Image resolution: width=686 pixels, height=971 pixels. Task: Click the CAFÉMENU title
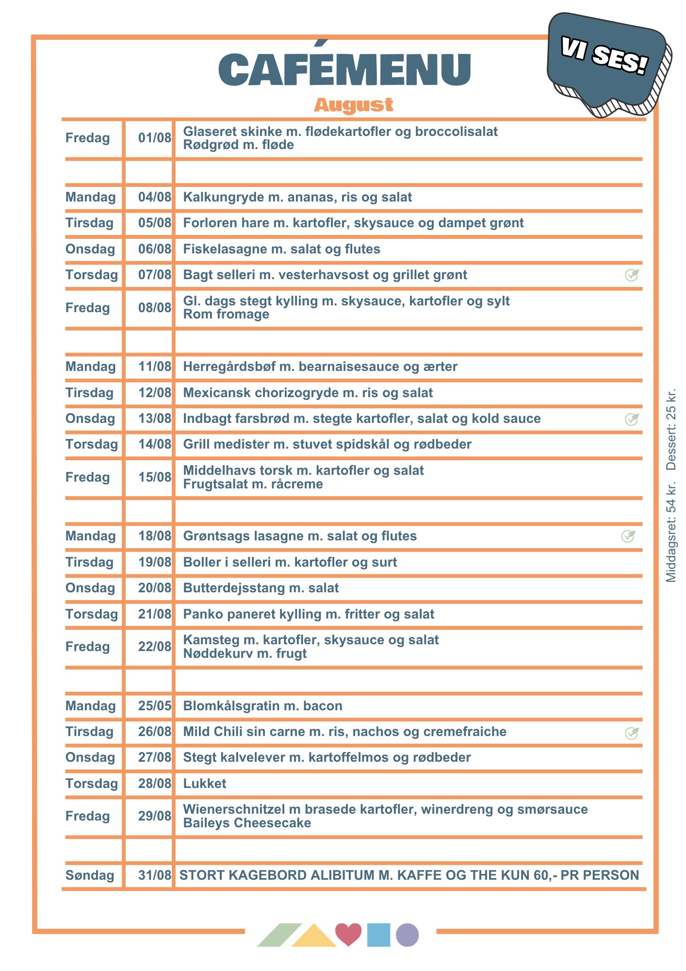[344, 69]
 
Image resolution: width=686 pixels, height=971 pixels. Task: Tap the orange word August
[353, 105]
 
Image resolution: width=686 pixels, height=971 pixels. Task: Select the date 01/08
[154, 138]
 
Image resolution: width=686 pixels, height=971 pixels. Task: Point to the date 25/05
[154, 706]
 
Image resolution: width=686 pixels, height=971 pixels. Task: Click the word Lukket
[205, 784]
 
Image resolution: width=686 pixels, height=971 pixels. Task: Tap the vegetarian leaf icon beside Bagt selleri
[632, 275]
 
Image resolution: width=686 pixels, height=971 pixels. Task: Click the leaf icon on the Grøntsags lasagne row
[628, 536]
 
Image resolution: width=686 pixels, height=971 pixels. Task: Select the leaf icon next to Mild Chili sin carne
[632, 733]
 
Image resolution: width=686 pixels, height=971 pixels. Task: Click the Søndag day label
[90, 875]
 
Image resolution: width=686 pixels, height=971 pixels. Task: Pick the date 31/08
[154, 875]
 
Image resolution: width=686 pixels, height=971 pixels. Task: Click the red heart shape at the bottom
[348, 934]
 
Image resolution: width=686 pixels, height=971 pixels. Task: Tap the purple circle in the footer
[407, 935]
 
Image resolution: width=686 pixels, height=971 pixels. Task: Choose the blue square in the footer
[378, 935]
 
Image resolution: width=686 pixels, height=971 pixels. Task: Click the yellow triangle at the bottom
[314, 937]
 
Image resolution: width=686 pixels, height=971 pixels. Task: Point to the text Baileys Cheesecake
[247, 823]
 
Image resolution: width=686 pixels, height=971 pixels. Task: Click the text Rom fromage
[226, 314]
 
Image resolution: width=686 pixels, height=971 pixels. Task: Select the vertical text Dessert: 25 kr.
[671, 430]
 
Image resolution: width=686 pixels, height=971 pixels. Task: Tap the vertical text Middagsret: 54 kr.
[671, 532]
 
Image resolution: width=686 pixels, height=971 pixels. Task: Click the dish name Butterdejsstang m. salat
[261, 588]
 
